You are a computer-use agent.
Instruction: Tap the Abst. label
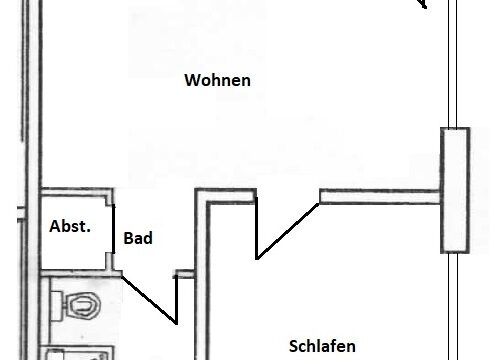[x=70, y=227]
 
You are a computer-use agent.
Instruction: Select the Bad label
[x=137, y=239]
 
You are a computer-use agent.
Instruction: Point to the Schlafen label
[x=323, y=347]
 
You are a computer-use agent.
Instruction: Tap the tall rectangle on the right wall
[x=456, y=190]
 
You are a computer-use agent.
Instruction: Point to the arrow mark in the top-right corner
[x=422, y=4]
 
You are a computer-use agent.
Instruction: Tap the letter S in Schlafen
[x=293, y=347]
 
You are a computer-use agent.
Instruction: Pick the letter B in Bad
[x=128, y=239]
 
